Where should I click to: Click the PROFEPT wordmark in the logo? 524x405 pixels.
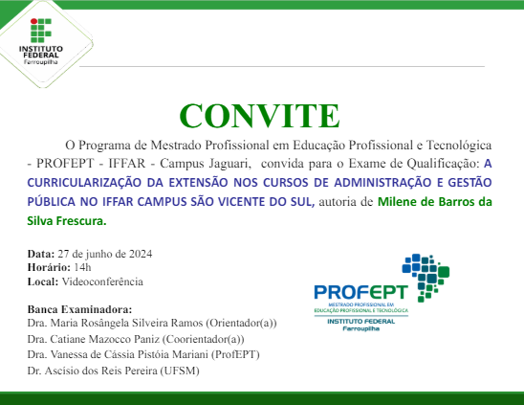click(360, 292)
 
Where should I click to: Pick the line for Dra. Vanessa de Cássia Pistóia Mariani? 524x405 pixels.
click(143, 354)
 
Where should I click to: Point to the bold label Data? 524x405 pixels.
click(42, 254)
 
